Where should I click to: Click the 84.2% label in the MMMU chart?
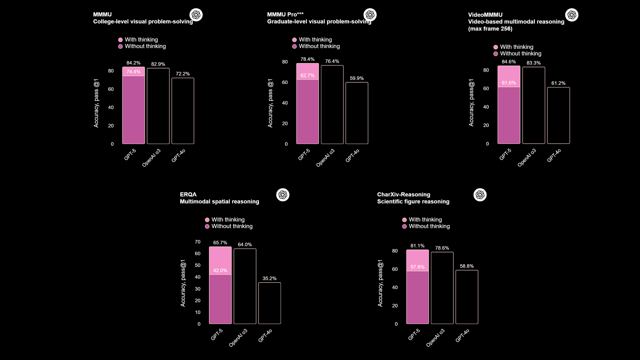[133, 63]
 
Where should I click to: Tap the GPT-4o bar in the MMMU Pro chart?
[357, 113]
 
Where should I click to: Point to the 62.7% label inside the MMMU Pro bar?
[307, 75]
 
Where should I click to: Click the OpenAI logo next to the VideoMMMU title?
[572, 15]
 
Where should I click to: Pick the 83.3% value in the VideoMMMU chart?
[534, 63]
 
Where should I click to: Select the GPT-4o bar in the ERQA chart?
[269, 303]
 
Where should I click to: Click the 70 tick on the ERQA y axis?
[198, 242]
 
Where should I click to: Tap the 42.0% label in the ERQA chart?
[220, 270]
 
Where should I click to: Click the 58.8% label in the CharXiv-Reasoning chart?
[467, 266]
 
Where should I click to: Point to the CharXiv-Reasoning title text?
[403, 194]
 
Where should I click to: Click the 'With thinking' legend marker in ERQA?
[207, 220]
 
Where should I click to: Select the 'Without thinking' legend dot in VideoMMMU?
[496, 54]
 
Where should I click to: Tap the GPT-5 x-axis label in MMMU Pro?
[304, 155]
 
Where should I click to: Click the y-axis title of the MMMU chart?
[96, 103]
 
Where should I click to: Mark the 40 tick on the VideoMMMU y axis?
[486, 107]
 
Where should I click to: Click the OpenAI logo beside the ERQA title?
[283, 195]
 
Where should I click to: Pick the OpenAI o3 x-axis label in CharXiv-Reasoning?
[435, 338]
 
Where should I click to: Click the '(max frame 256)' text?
[490, 29]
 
